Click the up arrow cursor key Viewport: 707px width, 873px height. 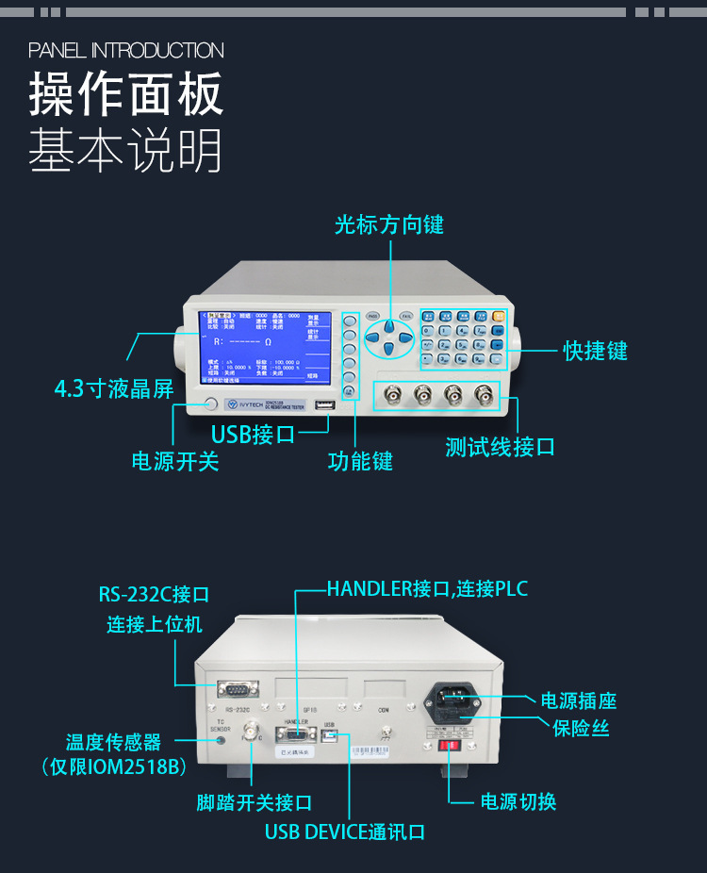[388, 324]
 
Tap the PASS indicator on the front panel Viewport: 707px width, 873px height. [373, 316]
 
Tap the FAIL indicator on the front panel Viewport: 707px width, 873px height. [405, 316]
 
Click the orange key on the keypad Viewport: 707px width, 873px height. [499, 317]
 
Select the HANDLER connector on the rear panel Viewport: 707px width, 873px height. [295, 733]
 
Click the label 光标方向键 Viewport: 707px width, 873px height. [388, 224]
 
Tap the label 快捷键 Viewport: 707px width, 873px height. [595, 351]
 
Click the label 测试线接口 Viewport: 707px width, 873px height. [500, 447]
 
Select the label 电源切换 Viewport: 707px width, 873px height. [518, 801]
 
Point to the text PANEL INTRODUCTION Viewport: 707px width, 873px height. [126, 50]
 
